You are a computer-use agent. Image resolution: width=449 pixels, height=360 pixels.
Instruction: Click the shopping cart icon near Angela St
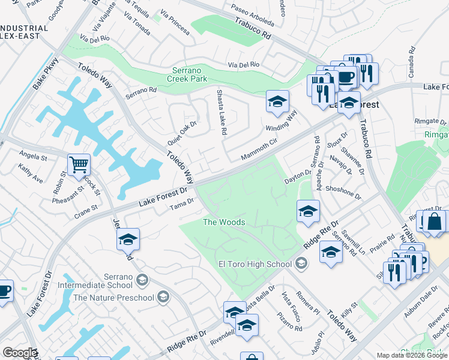pos(79,165)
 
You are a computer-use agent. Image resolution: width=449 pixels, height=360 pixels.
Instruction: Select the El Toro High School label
pos(255,263)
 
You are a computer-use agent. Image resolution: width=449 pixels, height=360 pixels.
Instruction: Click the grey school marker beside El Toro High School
pos(301,263)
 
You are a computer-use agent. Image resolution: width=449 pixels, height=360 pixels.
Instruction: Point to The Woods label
pos(224,222)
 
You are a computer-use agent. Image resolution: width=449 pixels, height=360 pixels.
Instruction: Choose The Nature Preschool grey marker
pos(163,296)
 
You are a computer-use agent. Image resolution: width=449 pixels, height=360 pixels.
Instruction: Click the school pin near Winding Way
pos(277,102)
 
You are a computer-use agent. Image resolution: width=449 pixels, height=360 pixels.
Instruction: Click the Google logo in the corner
pos(20,353)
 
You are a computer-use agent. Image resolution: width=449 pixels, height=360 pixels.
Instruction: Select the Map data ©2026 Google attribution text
pos(412,355)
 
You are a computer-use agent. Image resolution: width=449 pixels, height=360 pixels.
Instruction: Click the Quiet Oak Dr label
pos(182,128)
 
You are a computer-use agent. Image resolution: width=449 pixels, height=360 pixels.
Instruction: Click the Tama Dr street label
pos(181,205)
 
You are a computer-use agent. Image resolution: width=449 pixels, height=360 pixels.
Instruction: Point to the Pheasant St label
pos(68,193)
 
